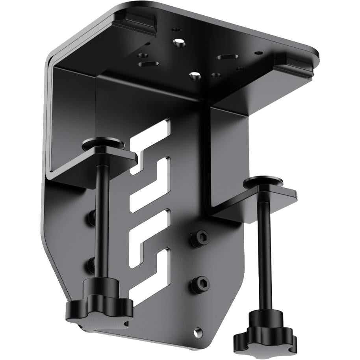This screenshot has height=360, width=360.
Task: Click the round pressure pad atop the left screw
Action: click(103, 143)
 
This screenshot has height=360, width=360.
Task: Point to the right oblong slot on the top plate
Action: click(226, 57)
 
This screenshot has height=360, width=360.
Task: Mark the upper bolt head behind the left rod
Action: click(91, 216)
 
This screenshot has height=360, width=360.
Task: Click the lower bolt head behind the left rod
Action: click(91, 263)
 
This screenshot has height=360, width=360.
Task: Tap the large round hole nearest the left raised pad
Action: click(180, 43)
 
